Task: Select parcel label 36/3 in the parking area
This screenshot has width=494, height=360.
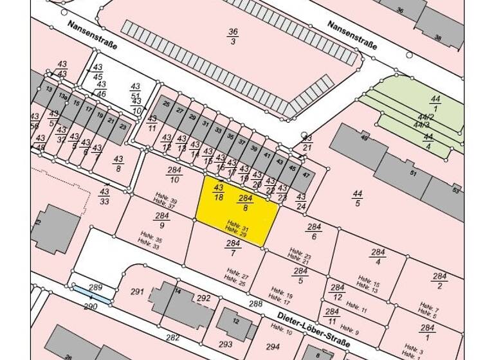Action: pos(233,36)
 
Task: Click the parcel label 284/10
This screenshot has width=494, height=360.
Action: pos(174,174)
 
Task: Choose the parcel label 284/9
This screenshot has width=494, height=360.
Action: pos(161,221)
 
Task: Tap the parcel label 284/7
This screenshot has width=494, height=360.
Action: pos(233,248)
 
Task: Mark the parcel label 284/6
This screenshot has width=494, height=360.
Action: pos(313,231)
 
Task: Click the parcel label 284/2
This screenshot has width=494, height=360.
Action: pos(440,281)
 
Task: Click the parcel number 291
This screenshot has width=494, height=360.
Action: pos(136,291)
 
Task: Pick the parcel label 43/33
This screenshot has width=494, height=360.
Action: pos(104,196)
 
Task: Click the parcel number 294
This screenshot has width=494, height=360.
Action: pos(273,346)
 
